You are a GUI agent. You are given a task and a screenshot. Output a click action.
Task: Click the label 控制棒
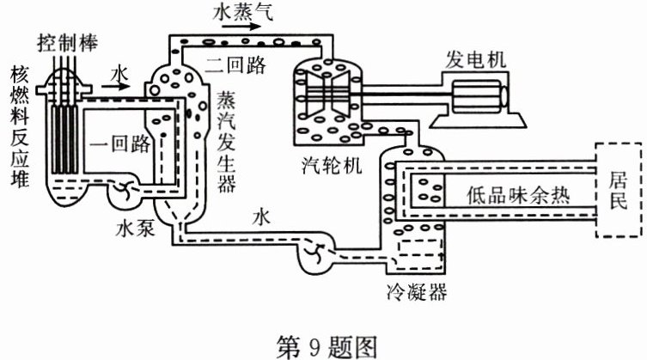click(68, 40)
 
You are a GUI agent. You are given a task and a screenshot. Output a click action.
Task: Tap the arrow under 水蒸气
click(245, 26)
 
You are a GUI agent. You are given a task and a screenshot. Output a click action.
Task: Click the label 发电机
click(475, 59)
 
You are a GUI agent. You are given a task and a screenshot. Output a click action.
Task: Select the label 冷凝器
click(417, 294)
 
